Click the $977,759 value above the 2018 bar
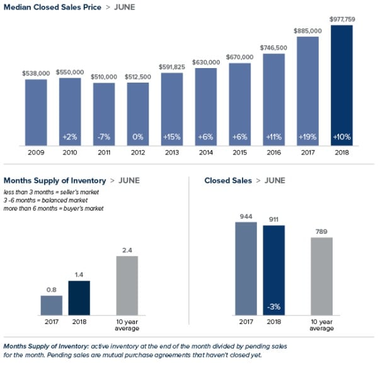coord(342,20)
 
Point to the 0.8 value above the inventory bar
coord(51,290)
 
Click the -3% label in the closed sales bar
coord(273,307)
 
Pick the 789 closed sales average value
coord(321,231)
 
